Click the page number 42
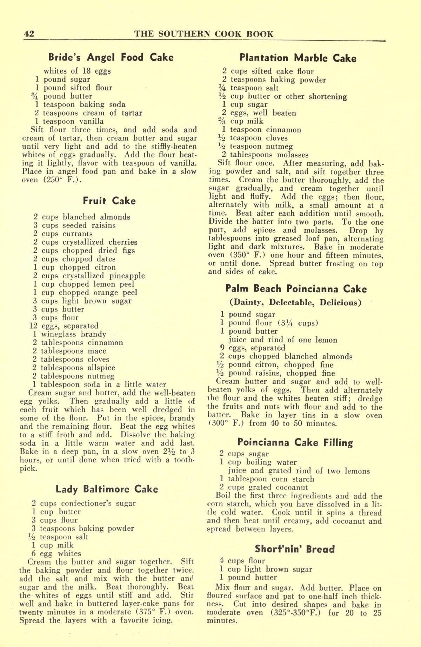point(28,34)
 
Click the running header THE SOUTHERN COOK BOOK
point(204,34)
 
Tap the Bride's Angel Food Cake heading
point(111,57)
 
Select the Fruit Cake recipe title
point(109,201)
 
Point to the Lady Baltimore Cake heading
point(107,489)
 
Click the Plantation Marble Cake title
point(298,58)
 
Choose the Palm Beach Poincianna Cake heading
point(295,289)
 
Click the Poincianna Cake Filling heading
point(295,442)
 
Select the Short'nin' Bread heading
point(295,549)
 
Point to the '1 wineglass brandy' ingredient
point(69,334)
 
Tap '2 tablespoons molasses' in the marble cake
point(265,155)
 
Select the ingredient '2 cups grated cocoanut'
point(264,488)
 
